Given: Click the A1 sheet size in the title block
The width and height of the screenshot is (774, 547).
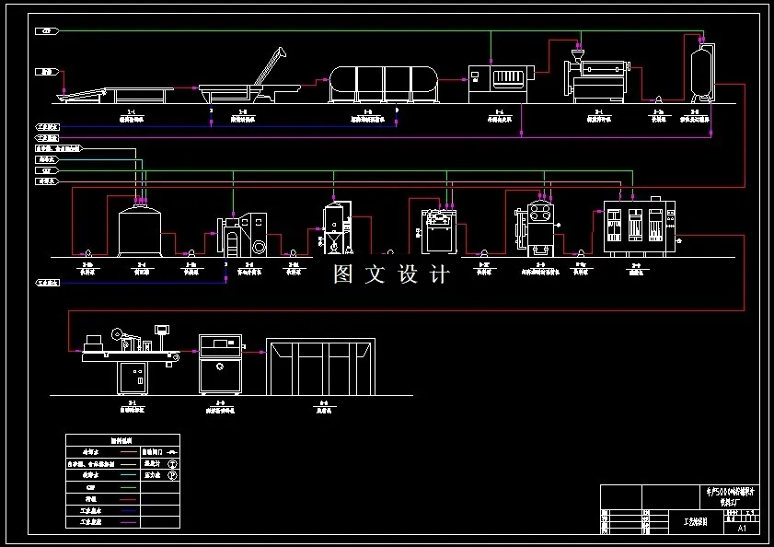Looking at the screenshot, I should click(x=742, y=530).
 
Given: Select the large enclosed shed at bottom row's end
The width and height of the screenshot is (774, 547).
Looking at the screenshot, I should click(x=319, y=367).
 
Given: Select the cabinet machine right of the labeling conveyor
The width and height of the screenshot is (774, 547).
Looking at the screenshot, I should click(x=222, y=365).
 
